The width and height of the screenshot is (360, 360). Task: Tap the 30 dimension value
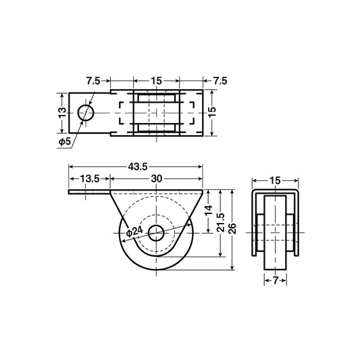click(156, 178)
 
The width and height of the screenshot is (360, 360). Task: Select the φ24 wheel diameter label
click(134, 232)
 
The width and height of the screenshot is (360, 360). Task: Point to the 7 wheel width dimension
click(276, 280)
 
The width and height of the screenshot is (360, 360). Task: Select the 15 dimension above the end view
click(276, 180)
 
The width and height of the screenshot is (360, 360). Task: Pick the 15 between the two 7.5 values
click(156, 80)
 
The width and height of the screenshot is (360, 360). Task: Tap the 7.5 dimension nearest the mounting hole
click(94, 80)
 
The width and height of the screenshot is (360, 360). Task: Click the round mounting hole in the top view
click(86, 112)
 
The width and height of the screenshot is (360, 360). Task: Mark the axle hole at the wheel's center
click(156, 233)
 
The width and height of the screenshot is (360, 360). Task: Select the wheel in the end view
click(276, 233)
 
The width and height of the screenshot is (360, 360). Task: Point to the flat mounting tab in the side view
click(86, 192)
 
